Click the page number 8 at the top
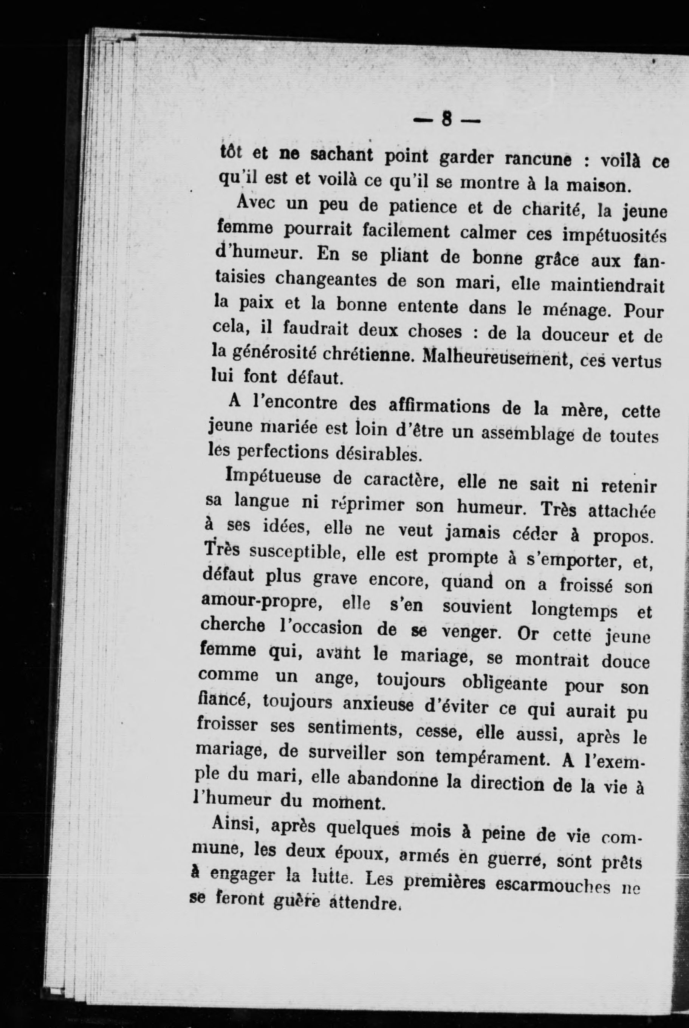point(447,120)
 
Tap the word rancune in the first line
point(538,159)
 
